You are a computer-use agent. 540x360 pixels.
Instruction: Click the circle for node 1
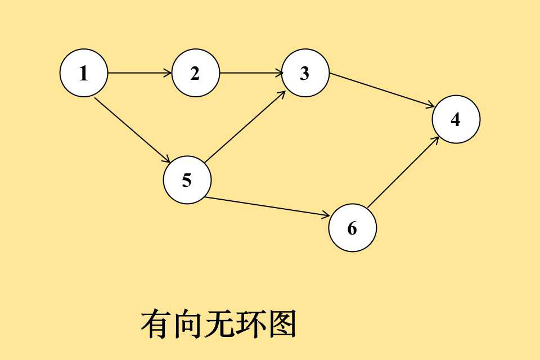tap(84, 73)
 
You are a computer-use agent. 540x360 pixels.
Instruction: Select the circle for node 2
tap(195, 73)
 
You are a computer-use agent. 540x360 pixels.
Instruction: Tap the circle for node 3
tap(305, 73)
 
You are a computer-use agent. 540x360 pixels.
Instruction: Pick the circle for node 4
tap(456, 119)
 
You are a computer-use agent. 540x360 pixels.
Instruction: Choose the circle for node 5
tap(187, 180)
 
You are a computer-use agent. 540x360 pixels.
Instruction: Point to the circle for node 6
tap(352, 228)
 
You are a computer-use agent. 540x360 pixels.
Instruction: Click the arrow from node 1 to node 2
tap(139, 73)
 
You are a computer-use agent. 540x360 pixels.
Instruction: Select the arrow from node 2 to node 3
tap(251, 73)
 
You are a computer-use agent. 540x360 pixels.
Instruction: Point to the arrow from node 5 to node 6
tap(268, 206)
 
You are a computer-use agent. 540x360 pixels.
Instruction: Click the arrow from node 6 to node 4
tap(403, 171)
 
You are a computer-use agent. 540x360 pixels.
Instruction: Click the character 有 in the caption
tap(155, 325)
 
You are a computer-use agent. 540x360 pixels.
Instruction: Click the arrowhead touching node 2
tap(168, 73)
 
